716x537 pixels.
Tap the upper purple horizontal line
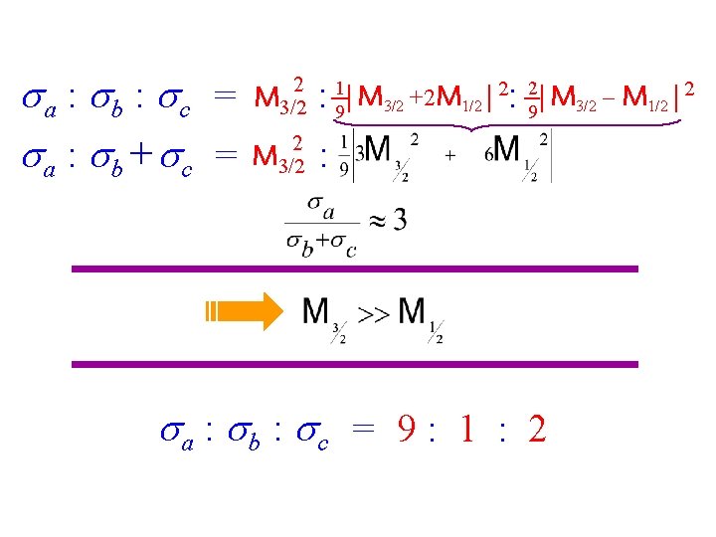[x=355, y=268]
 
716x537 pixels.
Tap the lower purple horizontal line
[x=355, y=364]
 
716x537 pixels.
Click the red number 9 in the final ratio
[x=408, y=430]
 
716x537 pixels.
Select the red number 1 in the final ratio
[x=466, y=430]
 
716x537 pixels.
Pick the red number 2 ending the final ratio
[x=537, y=430]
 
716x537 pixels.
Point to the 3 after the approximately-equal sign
[x=399, y=220]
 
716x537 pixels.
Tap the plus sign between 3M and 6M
[x=449, y=156]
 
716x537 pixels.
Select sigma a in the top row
[x=39, y=98]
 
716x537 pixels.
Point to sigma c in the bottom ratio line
[x=316, y=434]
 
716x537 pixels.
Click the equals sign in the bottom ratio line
[x=364, y=432]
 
